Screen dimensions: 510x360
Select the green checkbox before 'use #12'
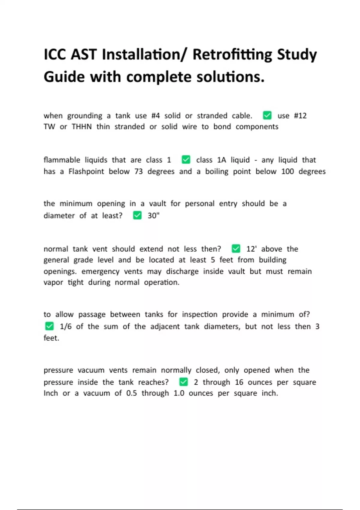(x=267, y=115)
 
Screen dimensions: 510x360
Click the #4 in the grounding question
(x=155, y=116)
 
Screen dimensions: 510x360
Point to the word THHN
(x=82, y=127)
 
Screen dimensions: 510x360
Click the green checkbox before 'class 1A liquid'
(x=186, y=160)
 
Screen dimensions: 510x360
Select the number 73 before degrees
(x=138, y=172)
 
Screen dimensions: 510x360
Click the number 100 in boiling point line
(x=287, y=172)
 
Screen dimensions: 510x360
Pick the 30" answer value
(x=153, y=216)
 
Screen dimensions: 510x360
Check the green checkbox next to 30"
(x=137, y=215)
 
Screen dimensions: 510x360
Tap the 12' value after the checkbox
(x=251, y=249)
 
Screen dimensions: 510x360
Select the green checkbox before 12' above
(x=236, y=249)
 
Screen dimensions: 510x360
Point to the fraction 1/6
(x=66, y=326)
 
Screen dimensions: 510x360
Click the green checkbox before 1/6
(x=49, y=326)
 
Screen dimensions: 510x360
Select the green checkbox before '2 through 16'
(x=184, y=382)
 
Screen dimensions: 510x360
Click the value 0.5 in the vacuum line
(x=131, y=393)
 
